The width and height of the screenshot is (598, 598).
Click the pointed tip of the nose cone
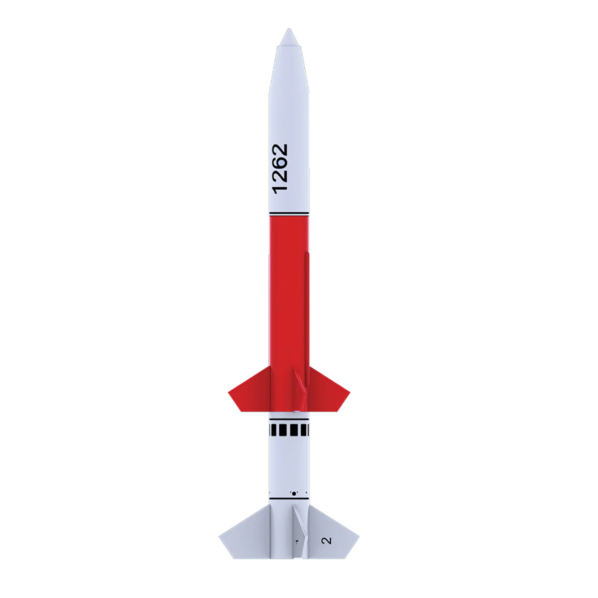coord(289,29)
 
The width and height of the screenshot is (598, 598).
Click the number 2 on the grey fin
coord(327,540)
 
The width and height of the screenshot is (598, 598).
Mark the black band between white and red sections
coord(289,214)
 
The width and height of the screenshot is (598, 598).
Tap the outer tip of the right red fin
coord(349,393)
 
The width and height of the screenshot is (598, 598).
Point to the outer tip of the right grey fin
coord(358,537)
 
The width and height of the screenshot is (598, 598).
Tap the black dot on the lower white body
coord(294,493)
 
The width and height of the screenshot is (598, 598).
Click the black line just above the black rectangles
coord(289,420)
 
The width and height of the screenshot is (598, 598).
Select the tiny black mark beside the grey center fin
coord(296,541)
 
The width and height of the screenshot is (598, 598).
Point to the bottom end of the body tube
coord(289,558)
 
